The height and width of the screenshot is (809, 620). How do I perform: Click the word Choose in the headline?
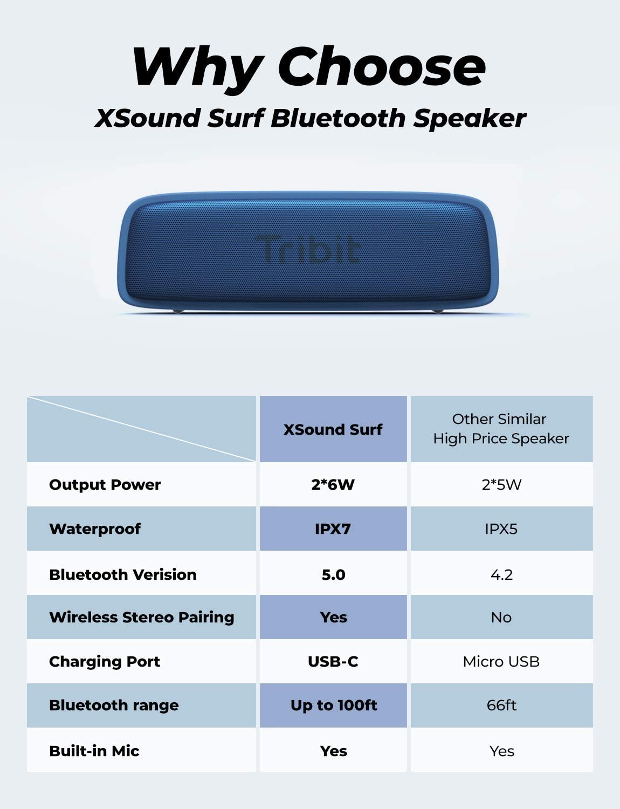pyautogui.click(x=382, y=66)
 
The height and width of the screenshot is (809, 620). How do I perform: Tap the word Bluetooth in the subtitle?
pyautogui.click(x=338, y=119)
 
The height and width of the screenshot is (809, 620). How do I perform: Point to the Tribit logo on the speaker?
pyautogui.click(x=308, y=249)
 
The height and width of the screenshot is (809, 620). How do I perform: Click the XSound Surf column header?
pyautogui.click(x=333, y=429)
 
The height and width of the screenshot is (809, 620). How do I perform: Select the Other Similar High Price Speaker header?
pyautogui.click(x=501, y=429)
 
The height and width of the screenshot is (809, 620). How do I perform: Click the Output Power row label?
pyautogui.click(x=105, y=485)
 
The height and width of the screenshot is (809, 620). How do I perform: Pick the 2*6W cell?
pyautogui.click(x=333, y=485)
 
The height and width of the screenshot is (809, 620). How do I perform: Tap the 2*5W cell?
pyautogui.click(x=501, y=485)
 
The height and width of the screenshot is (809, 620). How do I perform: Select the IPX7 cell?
pyautogui.click(x=333, y=529)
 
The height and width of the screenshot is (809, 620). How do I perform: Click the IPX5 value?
pyautogui.click(x=501, y=529)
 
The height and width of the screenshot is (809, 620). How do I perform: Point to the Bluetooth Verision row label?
pyautogui.click(x=123, y=574)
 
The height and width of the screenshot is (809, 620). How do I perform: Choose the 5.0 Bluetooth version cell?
pyautogui.click(x=333, y=575)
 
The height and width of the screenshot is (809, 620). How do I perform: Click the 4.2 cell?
pyautogui.click(x=501, y=575)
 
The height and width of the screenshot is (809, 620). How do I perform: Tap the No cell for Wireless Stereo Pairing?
pyautogui.click(x=501, y=618)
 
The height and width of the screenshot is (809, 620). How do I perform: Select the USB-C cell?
pyautogui.click(x=333, y=662)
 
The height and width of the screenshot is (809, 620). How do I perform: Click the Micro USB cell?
pyautogui.click(x=501, y=662)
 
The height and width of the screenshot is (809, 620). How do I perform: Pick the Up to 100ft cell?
pyautogui.click(x=334, y=705)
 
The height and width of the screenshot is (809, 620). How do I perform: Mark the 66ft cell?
pyautogui.click(x=501, y=705)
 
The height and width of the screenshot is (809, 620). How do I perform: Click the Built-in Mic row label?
pyautogui.click(x=94, y=751)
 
